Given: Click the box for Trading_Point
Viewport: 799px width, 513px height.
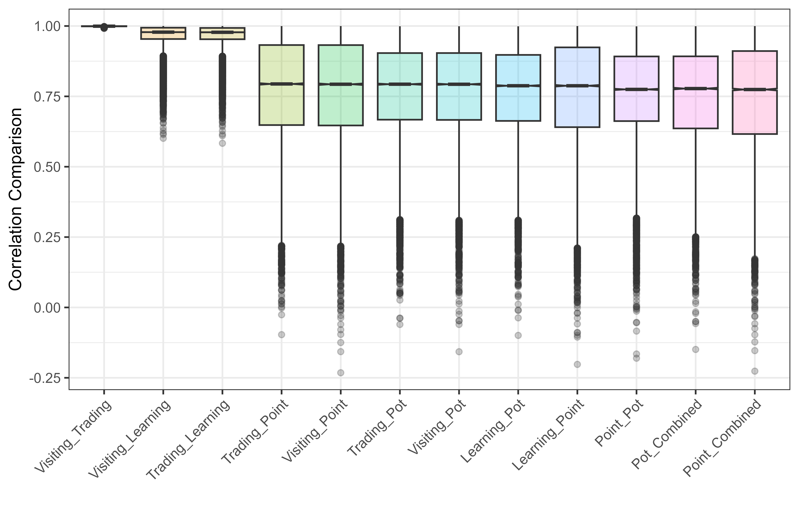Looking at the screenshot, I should coord(282,107).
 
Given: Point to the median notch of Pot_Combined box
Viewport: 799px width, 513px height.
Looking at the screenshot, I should coord(696,89).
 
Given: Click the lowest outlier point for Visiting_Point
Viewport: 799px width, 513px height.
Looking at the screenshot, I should coord(341,372).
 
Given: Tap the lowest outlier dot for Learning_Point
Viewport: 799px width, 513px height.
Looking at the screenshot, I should coord(577,364).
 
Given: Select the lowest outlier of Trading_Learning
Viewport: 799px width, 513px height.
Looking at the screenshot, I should coord(222,143).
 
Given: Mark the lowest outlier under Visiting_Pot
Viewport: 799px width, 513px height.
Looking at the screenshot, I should coord(459,351).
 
